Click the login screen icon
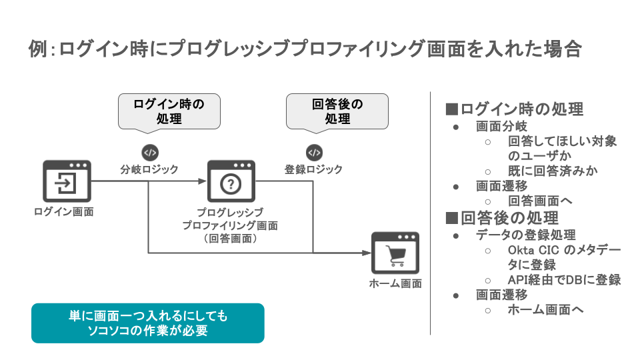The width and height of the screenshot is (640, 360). pos(66,181)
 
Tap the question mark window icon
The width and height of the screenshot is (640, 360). pos(231,181)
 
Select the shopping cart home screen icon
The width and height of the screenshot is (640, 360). pos(395,253)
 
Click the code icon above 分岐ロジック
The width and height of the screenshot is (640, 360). pos(149,152)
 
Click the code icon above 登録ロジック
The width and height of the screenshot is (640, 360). pos(314,152)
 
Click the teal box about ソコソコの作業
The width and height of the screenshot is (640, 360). pos(148,323)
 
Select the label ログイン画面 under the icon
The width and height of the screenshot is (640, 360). pos(63,212)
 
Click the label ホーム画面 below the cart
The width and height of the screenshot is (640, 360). pos(395,283)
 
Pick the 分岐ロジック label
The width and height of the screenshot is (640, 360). pos(149,169)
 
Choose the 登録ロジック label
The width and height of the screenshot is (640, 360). pos(313,169)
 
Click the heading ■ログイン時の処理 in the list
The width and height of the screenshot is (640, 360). pos(514,109)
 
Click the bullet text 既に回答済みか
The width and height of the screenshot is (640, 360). pos(553,170)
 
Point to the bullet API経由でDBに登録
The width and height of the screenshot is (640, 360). pos(564,279)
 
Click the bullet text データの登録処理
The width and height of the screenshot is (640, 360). pos(525,235)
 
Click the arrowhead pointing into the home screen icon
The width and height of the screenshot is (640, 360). pos(366,253)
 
